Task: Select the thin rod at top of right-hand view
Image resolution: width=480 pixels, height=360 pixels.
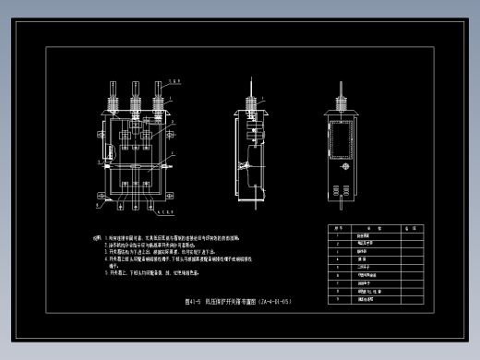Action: click(x=342, y=88)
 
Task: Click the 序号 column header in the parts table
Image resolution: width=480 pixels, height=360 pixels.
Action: click(x=338, y=227)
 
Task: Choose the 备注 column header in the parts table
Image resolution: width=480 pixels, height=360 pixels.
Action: click(x=416, y=227)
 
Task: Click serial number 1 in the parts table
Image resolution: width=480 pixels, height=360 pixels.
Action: click(x=338, y=235)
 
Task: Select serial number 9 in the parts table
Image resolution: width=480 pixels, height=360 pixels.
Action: click(x=338, y=299)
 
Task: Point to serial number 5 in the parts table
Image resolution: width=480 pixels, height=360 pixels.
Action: click(x=338, y=268)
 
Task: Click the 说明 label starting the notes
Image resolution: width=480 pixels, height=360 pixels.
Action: click(x=97, y=237)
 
